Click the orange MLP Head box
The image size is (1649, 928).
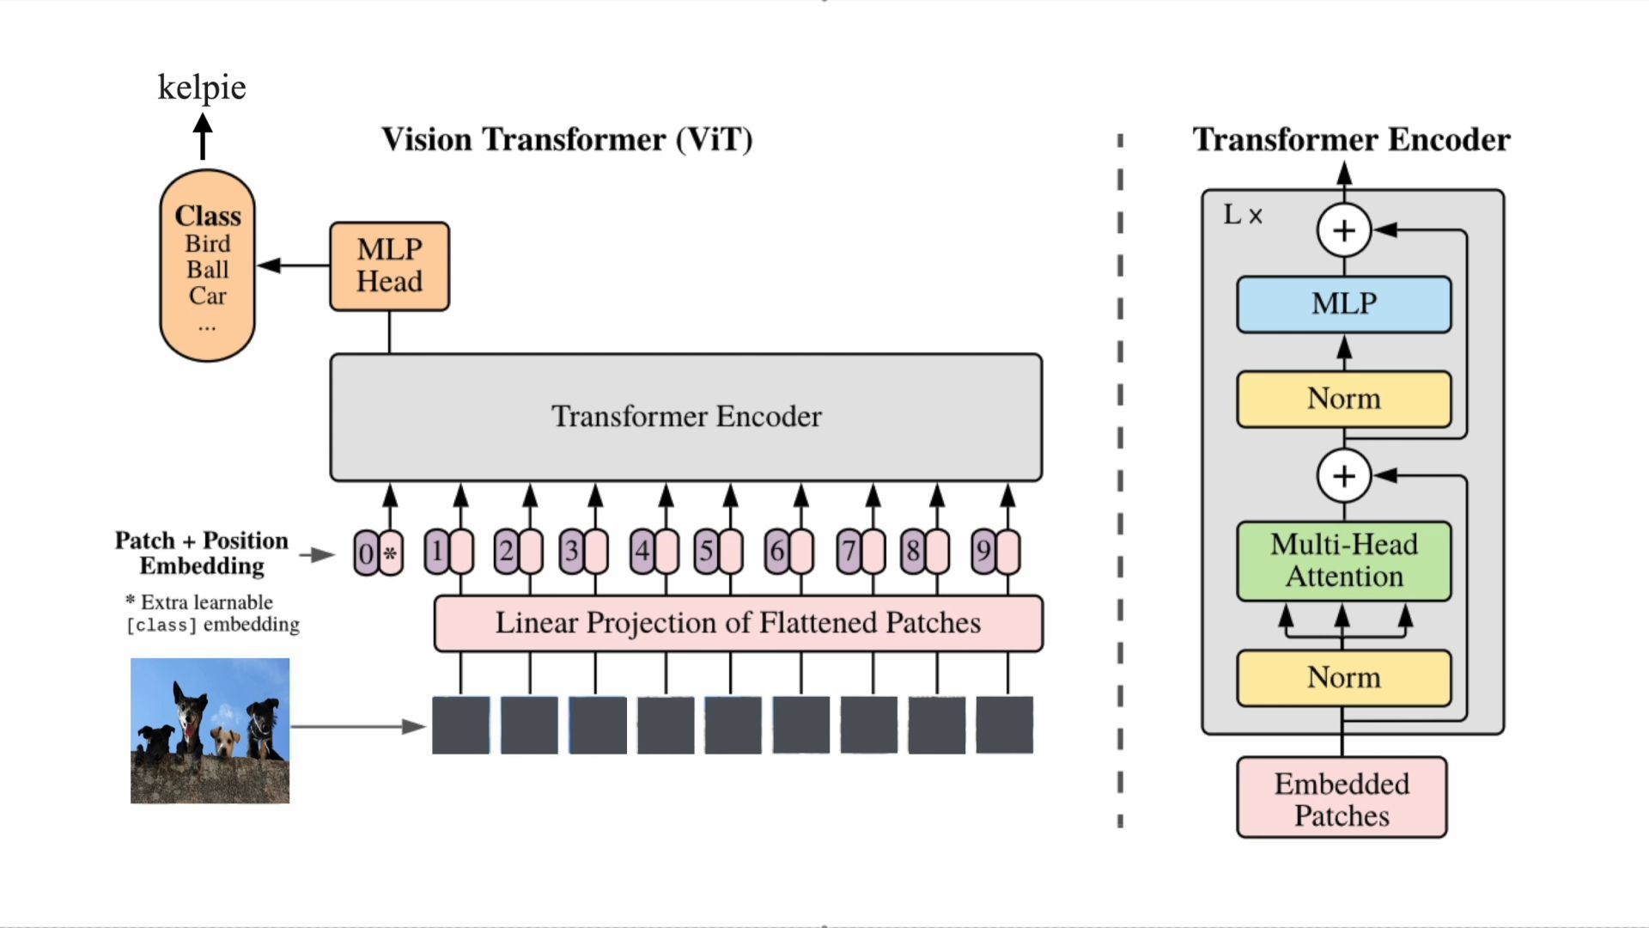pyautogui.click(x=389, y=266)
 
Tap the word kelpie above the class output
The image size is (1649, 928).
pyautogui.click(x=202, y=88)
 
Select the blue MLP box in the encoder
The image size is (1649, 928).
pyautogui.click(x=1344, y=304)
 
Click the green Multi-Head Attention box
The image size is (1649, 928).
pyautogui.click(x=1344, y=561)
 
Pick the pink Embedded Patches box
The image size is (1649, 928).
pyautogui.click(x=1342, y=797)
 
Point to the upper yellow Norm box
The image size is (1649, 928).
pyautogui.click(x=1344, y=399)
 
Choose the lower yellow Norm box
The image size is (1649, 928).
pyautogui.click(x=1344, y=678)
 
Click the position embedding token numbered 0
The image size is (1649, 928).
pyautogui.click(x=366, y=553)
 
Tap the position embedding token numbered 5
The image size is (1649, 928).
pyautogui.click(x=706, y=552)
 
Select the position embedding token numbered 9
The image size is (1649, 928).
pyautogui.click(x=983, y=552)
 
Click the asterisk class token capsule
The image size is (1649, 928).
pyautogui.click(x=391, y=553)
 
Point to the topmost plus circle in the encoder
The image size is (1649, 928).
pyautogui.click(x=1344, y=230)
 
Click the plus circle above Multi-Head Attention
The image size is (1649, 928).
pyautogui.click(x=1344, y=475)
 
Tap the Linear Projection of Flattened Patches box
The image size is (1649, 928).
pyautogui.click(x=739, y=623)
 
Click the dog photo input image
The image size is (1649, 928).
pyautogui.click(x=210, y=730)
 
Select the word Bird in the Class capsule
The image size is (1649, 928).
pyautogui.click(x=208, y=244)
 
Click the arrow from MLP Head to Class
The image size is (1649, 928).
pyautogui.click(x=293, y=266)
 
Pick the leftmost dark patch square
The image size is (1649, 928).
pyautogui.click(x=460, y=725)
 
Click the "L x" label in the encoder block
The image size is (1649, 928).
pyautogui.click(x=1243, y=215)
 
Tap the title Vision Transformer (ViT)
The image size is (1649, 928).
pyautogui.click(x=567, y=139)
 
